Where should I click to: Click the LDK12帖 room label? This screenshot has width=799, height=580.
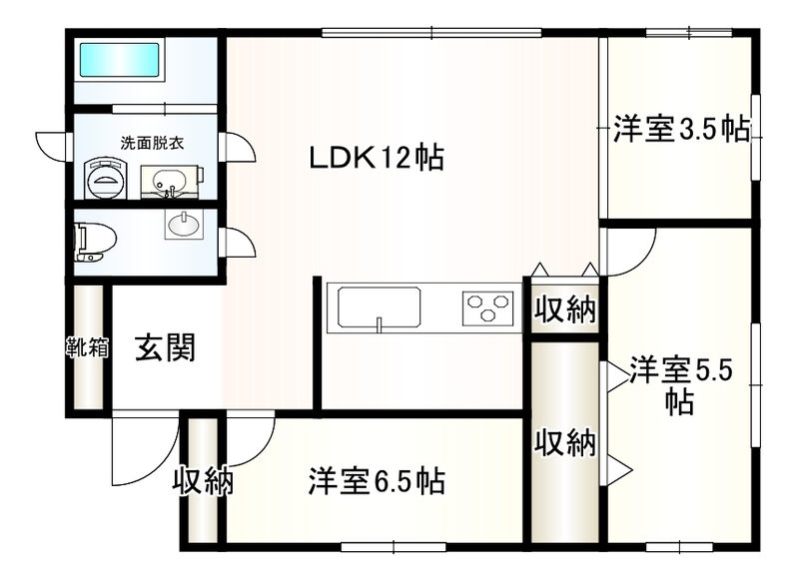coord(377,158)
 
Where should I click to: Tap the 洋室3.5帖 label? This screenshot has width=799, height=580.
coord(681,130)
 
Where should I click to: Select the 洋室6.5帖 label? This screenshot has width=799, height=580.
coord(377,481)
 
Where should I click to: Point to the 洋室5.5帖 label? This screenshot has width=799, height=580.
coord(681,385)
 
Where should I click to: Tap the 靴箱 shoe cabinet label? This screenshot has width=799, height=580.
coord(88,347)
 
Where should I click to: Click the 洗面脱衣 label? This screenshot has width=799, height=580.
coord(152,143)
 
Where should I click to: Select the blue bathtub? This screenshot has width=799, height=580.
coord(119,61)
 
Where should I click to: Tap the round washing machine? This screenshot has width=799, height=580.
coord(106,178)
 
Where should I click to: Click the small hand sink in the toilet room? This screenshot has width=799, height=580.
coord(184,224)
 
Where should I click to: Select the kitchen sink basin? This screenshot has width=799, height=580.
coord(380,307)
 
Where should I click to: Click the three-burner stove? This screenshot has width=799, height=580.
coord(487,307)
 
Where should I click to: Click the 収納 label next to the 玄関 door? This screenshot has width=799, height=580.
coord(203,480)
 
